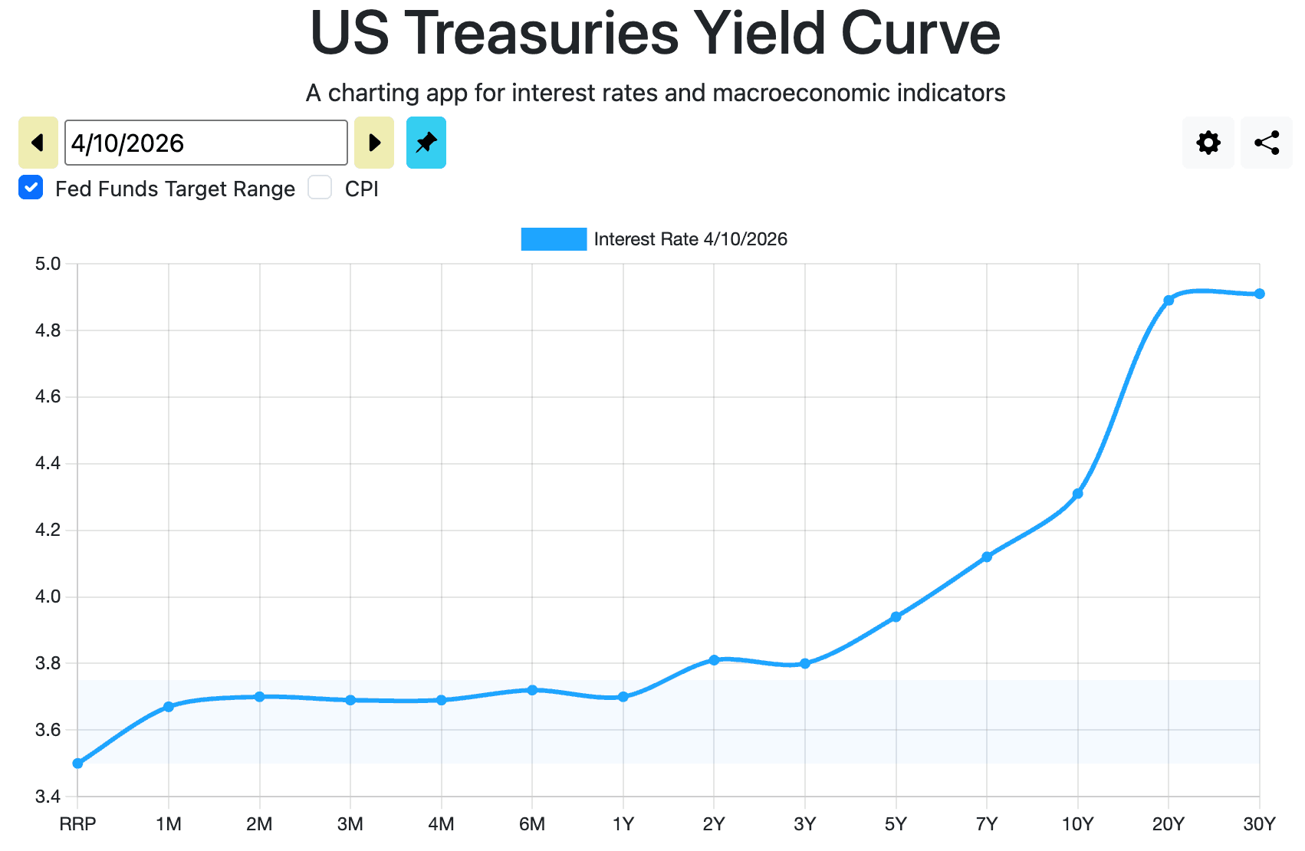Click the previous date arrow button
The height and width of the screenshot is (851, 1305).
point(38,143)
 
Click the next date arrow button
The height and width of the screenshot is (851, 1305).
point(374,143)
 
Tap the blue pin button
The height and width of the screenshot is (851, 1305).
point(426,143)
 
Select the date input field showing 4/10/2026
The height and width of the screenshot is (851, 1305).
point(205,143)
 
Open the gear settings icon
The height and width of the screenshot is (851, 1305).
point(1208,143)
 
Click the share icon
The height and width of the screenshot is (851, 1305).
point(1267,143)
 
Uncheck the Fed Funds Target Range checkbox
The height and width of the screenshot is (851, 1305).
point(31,188)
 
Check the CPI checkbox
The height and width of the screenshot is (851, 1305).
point(320,188)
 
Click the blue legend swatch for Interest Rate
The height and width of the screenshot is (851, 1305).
point(554,239)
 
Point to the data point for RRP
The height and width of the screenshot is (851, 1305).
point(77,764)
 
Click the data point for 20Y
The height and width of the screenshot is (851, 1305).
point(1169,301)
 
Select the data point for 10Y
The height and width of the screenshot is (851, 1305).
point(1078,494)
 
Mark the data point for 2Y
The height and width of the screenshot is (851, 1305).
point(714,660)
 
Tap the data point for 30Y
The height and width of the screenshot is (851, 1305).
point(1260,294)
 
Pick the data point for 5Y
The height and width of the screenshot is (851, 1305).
point(896,617)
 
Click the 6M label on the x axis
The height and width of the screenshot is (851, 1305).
point(532,824)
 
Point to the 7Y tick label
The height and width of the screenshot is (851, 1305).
point(987,824)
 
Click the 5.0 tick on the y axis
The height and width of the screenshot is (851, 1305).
point(48,264)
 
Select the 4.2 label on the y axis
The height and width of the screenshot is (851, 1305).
point(48,531)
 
